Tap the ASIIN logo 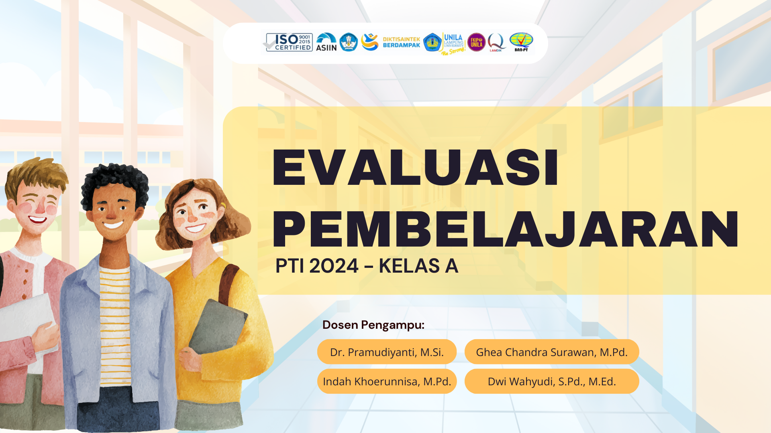[x=326, y=42]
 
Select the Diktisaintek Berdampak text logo [x=401, y=42]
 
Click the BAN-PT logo [x=521, y=42]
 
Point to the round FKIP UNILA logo [x=476, y=42]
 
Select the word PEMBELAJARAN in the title [x=505, y=229]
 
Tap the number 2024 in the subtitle [x=334, y=266]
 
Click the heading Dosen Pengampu [x=373, y=325]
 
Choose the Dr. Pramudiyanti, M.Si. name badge [x=387, y=352]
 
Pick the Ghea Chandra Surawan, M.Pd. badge [x=551, y=352]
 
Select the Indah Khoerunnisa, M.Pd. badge [x=387, y=381]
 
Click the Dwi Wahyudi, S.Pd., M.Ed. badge [x=551, y=381]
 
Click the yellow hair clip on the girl [x=223, y=206]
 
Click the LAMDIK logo [x=496, y=42]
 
